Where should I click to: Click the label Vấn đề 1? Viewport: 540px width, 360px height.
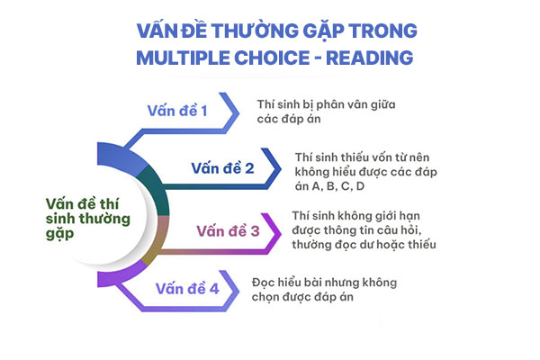pos(177,111)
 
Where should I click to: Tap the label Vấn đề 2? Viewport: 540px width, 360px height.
pos(222,168)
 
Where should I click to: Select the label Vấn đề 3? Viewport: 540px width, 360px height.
pos(228,230)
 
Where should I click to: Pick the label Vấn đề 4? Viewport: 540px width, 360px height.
pos(187,288)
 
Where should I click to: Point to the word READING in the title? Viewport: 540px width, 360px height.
pos(369,58)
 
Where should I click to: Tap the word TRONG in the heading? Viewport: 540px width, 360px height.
pos(382,31)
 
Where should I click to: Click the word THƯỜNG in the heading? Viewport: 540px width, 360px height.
pos(255,31)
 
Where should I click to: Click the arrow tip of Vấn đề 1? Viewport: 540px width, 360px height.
pos(238,113)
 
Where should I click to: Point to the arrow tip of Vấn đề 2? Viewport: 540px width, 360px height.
pos(280,169)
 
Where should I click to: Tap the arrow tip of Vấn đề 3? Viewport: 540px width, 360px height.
pos(280,234)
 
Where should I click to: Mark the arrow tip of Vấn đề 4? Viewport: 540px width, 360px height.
pos(238,291)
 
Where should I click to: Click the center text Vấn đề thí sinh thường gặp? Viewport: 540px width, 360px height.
pos(88,219)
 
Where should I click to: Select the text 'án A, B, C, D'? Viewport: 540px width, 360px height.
pos(329,186)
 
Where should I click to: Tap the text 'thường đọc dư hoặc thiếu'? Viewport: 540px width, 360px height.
pos(364,244)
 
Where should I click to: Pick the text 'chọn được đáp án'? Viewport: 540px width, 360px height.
pos(302,297)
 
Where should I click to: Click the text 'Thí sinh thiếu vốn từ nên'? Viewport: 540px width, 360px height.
pos(362,157)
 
